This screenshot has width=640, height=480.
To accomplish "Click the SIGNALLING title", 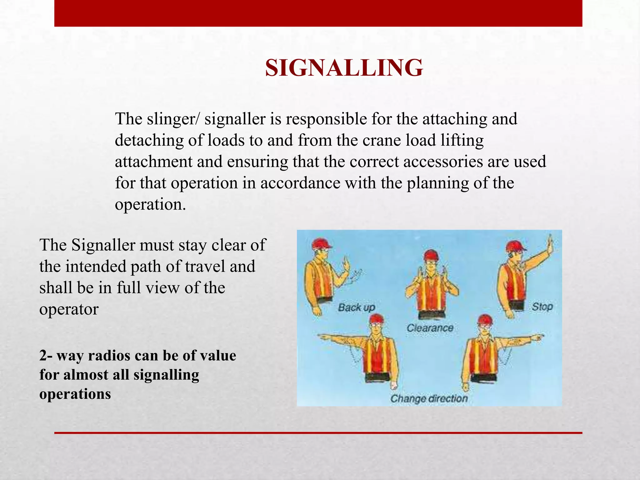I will click(x=344, y=68).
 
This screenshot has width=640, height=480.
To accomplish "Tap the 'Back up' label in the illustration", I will click(x=356, y=307).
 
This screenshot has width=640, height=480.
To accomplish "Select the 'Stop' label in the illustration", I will click(x=542, y=307).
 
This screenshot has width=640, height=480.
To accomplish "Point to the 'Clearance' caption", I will click(x=430, y=328).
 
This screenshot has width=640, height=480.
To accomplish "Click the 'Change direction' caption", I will click(x=429, y=399).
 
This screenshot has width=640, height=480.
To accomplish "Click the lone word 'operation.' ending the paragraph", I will click(x=150, y=204).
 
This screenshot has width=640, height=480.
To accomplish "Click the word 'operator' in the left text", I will click(x=69, y=309).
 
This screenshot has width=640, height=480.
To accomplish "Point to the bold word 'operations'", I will click(x=75, y=394).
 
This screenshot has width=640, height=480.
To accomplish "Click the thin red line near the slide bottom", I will click(x=318, y=433).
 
